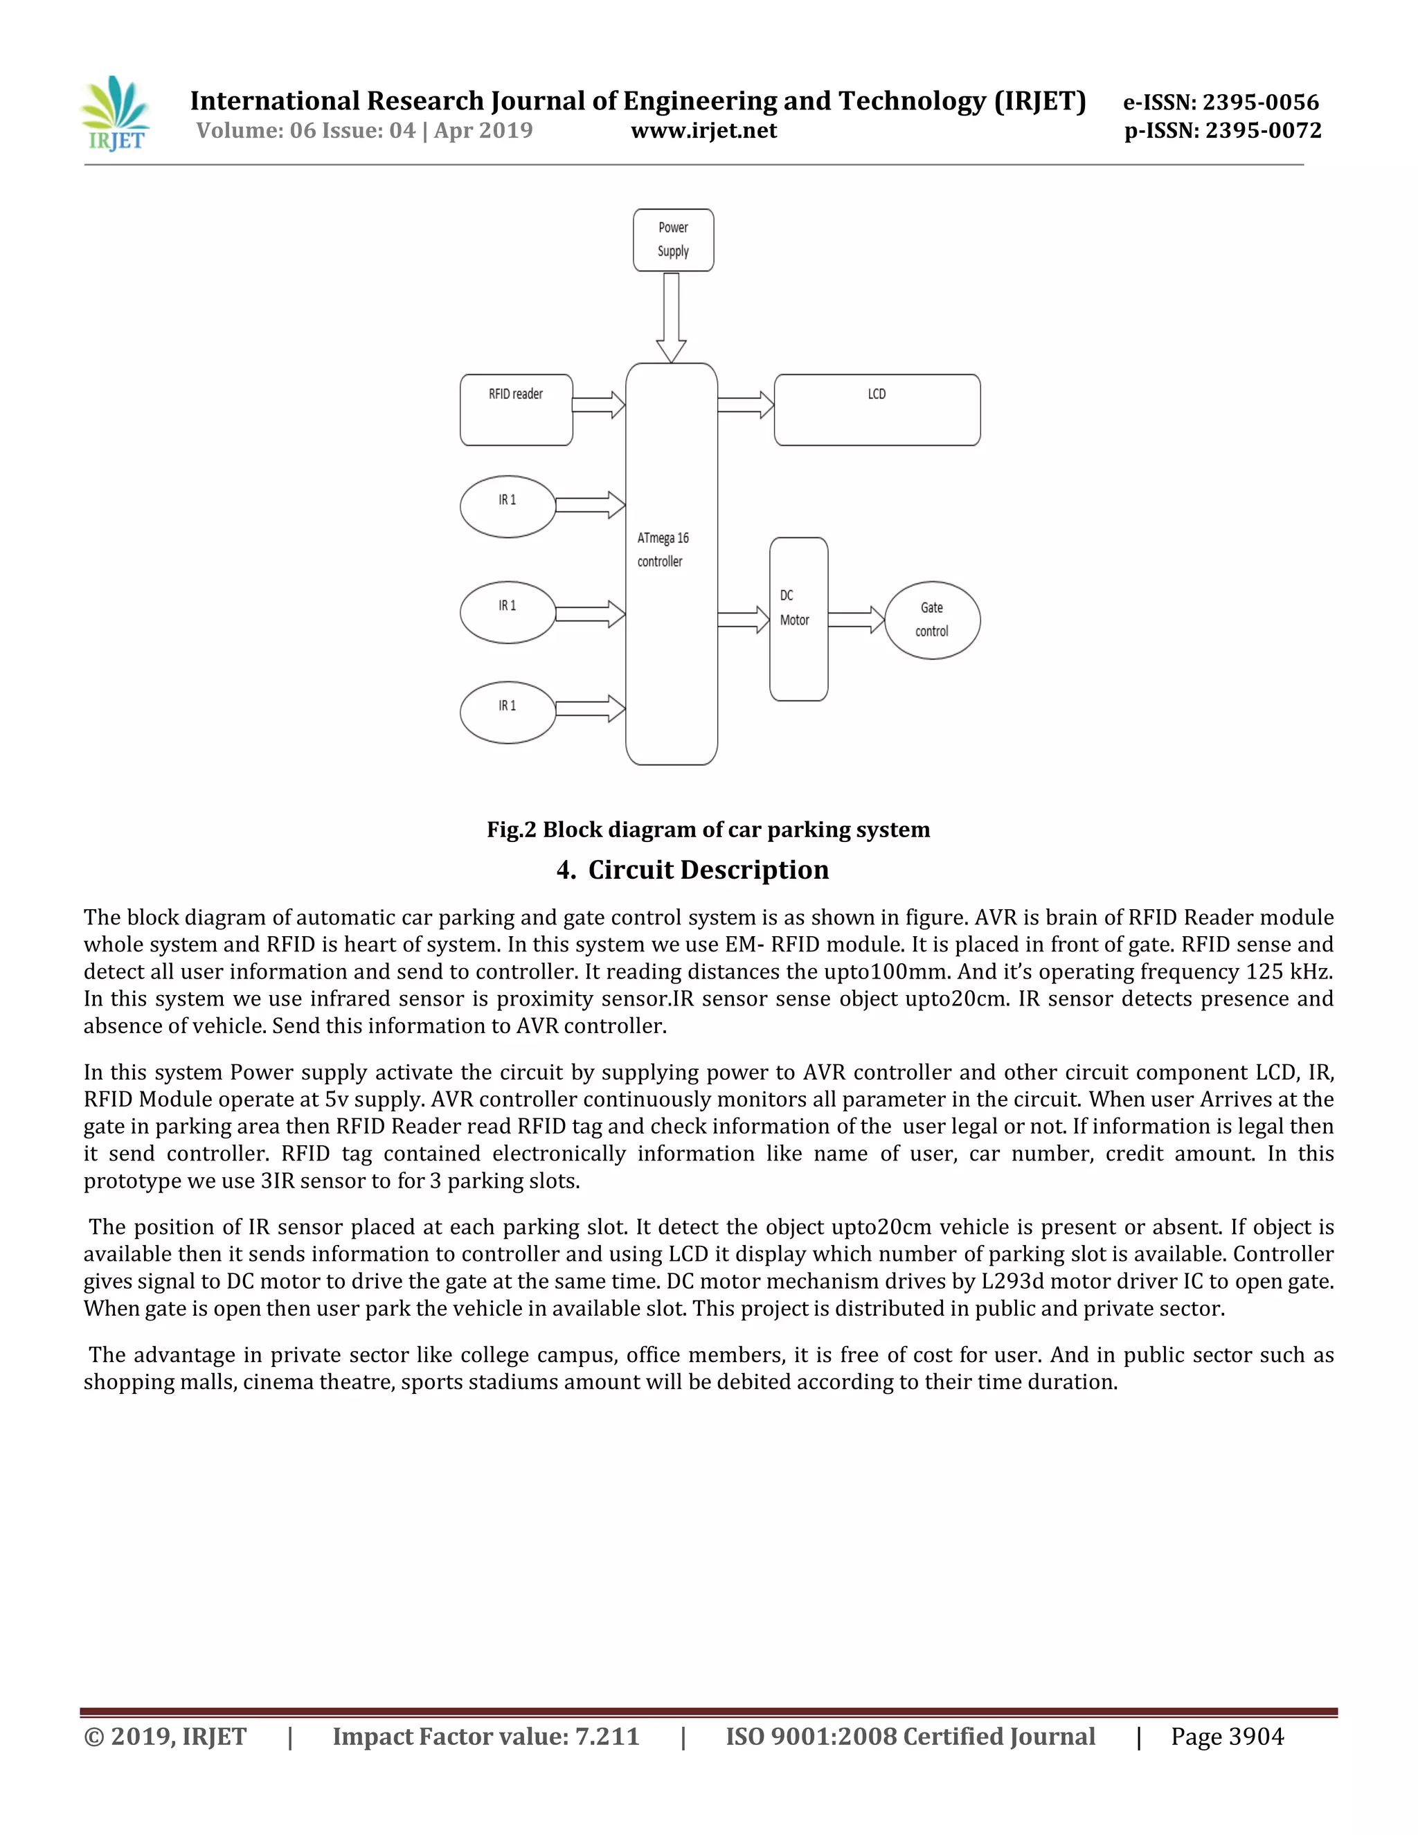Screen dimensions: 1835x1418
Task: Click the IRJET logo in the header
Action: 116,114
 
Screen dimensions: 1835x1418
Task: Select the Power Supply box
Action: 673,240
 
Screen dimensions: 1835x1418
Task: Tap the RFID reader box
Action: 516,410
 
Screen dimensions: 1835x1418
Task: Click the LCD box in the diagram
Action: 876,410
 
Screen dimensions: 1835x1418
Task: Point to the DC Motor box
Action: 798,619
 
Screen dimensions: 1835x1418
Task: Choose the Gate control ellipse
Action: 932,620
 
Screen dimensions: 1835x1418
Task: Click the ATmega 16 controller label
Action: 663,550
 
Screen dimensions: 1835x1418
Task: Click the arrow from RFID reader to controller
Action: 599,406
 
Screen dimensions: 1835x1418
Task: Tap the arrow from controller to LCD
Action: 745,406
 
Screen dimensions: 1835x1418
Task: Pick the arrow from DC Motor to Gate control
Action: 856,620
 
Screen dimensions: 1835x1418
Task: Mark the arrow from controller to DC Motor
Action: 744,620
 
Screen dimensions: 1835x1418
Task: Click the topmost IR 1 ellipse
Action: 508,507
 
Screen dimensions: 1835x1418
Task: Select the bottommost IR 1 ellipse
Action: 508,713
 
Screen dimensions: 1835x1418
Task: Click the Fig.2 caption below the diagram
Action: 708,830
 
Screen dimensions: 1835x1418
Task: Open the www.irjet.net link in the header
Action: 704,131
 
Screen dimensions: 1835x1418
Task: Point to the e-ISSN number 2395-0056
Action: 1260,102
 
